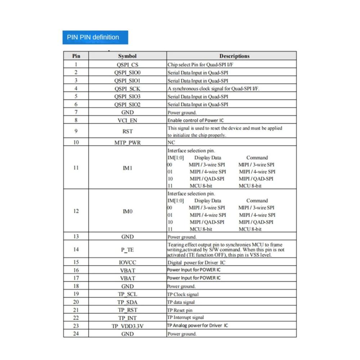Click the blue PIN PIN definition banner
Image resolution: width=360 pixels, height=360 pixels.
point(95,37)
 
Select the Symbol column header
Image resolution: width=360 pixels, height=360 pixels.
point(127,56)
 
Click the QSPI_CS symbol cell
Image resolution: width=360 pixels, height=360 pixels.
point(127,65)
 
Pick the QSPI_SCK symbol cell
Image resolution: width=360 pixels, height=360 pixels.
point(127,89)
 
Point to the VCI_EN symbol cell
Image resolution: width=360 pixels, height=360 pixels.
point(127,120)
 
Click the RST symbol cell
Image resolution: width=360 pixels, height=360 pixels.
point(127,131)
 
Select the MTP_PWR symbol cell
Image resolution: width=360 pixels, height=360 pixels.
point(127,143)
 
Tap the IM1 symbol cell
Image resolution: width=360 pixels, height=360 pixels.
point(127,168)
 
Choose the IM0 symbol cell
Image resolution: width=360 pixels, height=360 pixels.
point(127,211)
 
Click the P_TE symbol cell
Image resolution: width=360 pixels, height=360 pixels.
point(127,249)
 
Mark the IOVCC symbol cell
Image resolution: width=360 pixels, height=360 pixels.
point(127,262)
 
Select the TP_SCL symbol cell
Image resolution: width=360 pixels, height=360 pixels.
point(127,294)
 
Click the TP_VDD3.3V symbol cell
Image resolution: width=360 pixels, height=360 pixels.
point(127,326)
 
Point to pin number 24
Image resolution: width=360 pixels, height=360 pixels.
point(76,334)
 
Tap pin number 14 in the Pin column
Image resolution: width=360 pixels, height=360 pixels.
point(76,249)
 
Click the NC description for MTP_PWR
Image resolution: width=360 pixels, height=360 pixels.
point(171,143)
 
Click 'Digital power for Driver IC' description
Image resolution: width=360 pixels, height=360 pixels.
point(197,262)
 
